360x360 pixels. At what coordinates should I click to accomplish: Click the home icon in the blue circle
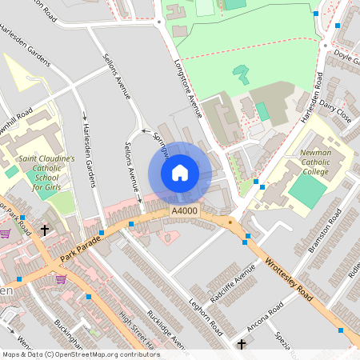pos(180,173)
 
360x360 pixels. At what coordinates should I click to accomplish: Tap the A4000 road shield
pos(184,210)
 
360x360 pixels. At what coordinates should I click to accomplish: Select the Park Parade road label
pos(81,249)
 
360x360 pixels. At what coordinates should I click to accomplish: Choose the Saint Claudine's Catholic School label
pos(46,173)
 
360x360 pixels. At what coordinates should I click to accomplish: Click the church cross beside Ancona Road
pos(242,345)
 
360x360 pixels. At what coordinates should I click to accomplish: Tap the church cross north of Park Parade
pos(44,230)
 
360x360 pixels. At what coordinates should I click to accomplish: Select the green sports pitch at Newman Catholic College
pos(307,190)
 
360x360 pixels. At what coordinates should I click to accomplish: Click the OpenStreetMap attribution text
pos(80,354)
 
